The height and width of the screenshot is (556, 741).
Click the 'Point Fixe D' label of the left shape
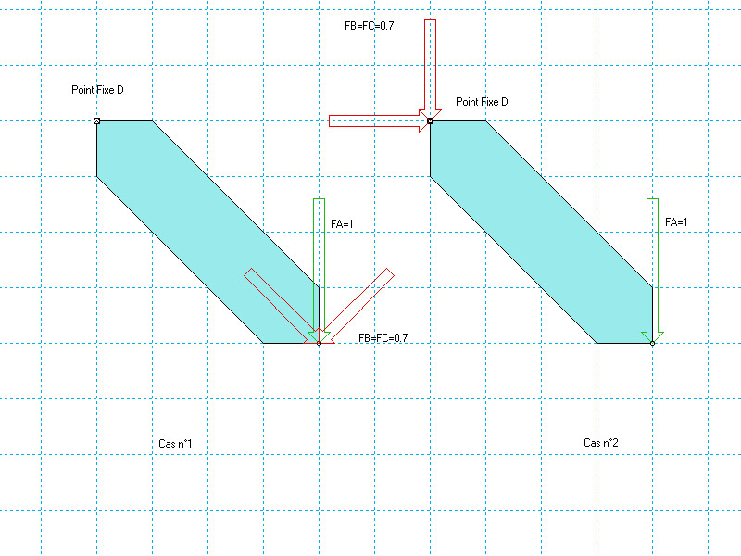click(97, 90)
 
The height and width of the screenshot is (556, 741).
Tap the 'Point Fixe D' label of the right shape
click(482, 102)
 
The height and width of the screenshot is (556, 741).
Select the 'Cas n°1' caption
click(175, 445)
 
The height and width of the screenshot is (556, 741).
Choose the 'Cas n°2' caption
click(601, 443)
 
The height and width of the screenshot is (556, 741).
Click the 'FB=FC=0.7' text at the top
click(369, 26)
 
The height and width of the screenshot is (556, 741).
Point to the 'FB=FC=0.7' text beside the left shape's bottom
click(383, 338)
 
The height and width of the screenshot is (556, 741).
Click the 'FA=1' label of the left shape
click(343, 223)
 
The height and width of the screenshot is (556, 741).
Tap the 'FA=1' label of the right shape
click(676, 222)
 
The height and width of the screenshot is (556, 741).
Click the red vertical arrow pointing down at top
click(431, 65)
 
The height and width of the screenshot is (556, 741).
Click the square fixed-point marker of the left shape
click(97, 120)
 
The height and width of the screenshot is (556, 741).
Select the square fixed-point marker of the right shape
click(431, 120)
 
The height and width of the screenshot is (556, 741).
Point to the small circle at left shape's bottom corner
click(319, 344)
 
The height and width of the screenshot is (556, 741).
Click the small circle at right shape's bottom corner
click(652, 344)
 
